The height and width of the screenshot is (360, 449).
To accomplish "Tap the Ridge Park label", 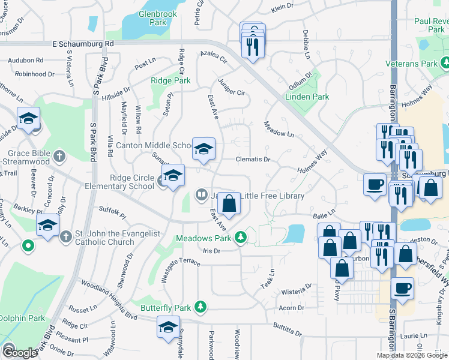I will [170, 80].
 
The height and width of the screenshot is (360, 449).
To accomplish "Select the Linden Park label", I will [307, 97].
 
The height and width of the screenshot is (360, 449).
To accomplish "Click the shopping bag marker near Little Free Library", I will [229, 204].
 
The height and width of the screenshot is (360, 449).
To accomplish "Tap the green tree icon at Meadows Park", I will [241, 238].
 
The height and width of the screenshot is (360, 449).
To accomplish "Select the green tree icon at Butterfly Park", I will [200, 307].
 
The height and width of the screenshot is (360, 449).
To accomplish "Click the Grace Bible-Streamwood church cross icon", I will [59, 157].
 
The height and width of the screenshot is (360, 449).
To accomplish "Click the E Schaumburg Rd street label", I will [83, 44].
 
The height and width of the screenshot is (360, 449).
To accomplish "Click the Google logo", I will [19, 353].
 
